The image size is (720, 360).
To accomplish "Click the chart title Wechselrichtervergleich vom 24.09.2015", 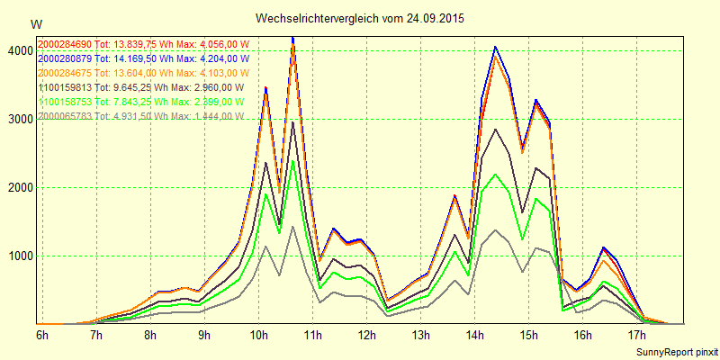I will coord(360,18).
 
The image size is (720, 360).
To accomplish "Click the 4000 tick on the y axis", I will coord(18,51).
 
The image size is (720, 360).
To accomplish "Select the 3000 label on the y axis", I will coord(18,120).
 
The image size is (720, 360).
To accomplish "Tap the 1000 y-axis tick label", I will coord(18,256).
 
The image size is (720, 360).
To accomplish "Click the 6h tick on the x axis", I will coord(42,336).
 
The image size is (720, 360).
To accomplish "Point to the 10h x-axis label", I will coord(258,336).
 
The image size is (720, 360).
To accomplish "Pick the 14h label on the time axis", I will coord(474,336).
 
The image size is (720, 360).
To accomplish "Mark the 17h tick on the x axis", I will coord(636,336).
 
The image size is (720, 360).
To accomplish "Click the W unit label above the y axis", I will coord(36,23).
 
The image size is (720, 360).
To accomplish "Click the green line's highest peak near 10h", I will coord(292,161).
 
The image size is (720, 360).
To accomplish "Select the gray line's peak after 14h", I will coord(495,230).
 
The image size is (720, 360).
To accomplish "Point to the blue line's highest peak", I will coord(292,38).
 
